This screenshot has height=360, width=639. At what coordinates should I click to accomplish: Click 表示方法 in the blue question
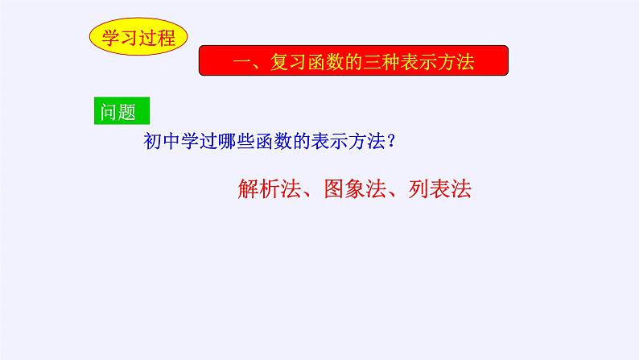[x=344, y=141]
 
